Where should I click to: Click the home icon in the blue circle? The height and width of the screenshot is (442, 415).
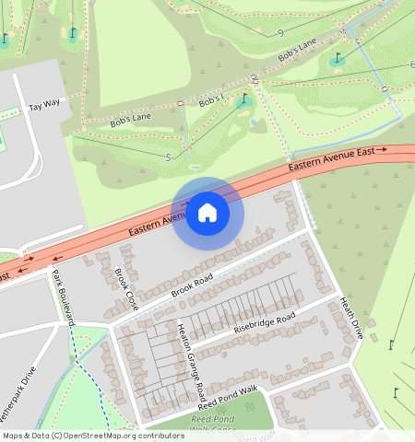[x=207, y=214]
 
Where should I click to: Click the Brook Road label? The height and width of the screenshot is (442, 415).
[x=192, y=285]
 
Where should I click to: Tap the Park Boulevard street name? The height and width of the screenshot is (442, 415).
[x=62, y=298]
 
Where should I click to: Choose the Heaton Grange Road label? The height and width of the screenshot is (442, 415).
[x=191, y=361]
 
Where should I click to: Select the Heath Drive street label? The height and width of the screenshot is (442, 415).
[x=347, y=318]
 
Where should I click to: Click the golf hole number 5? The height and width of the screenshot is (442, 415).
[x=168, y=157]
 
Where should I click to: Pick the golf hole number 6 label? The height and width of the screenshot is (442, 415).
[x=411, y=65]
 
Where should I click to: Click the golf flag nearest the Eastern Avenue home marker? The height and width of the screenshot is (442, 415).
[x=244, y=99]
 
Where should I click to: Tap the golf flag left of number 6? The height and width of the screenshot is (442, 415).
[x=338, y=59]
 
